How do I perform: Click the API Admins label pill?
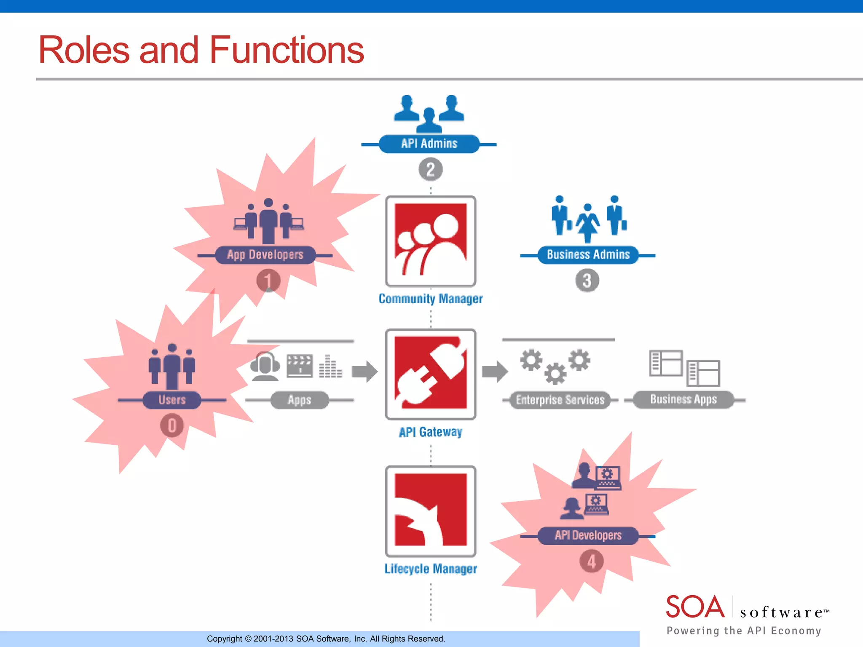click(x=429, y=144)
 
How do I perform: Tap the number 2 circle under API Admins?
click(x=430, y=169)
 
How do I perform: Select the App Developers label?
click(x=265, y=255)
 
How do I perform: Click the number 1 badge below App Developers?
click(x=268, y=281)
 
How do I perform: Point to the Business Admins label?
click(x=588, y=255)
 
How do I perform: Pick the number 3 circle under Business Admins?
click(x=587, y=281)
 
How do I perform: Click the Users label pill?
click(x=172, y=400)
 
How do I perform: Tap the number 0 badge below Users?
click(x=172, y=425)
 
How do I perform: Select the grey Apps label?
click(x=299, y=400)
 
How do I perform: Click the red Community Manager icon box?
click(x=430, y=241)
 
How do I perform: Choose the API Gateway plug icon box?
click(x=430, y=374)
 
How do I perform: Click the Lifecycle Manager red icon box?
click(x=430, y=511)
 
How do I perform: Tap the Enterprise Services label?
click(x=560, y=400)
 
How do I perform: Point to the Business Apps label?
click(x=683, y=399)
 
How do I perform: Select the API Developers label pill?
click(x=588, y=535)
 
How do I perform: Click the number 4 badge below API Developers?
click(x=591, y=561)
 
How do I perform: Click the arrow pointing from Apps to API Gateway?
click(x=364, y=371)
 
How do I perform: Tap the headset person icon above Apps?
click(x=265, y=366)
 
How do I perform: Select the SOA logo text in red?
click(x=695, y=607)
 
